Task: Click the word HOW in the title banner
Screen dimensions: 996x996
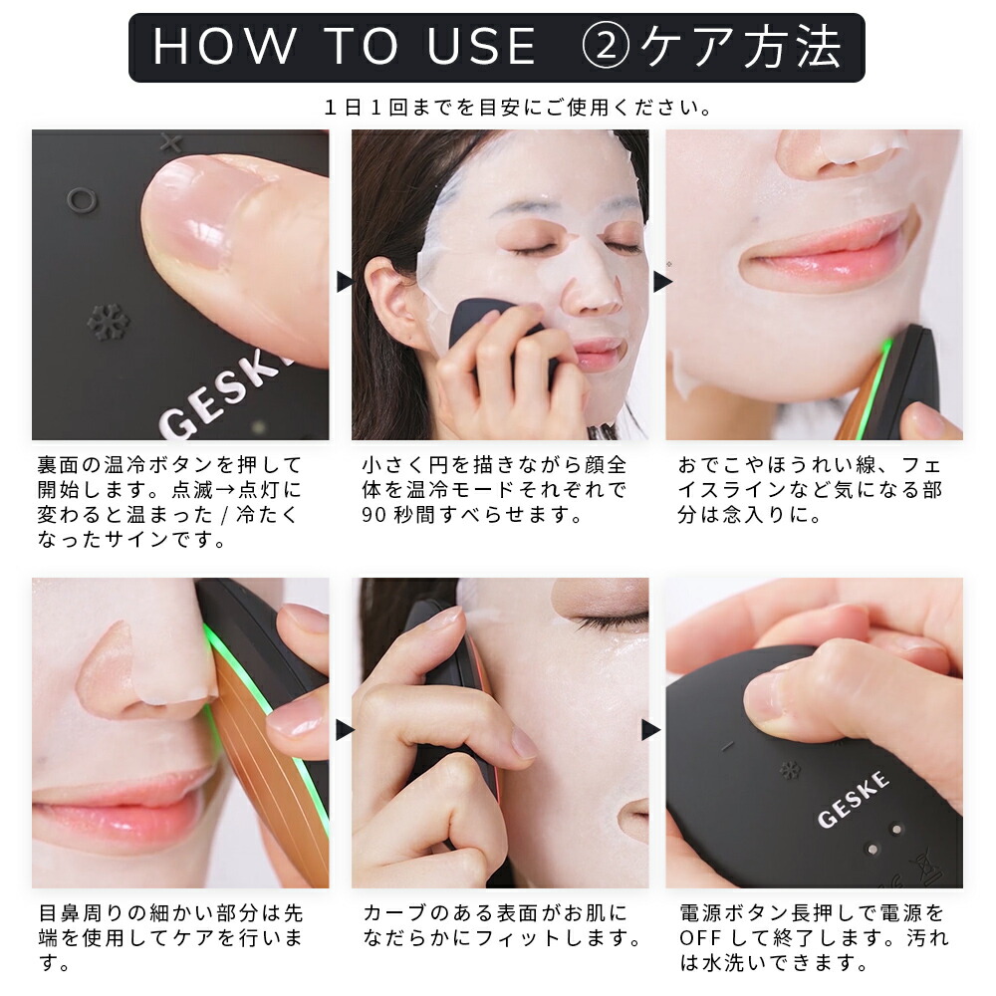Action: [x=225, y=47]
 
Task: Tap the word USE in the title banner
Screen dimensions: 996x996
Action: [x=481, y=47]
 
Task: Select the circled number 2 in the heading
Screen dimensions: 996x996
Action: [x=606, y=47]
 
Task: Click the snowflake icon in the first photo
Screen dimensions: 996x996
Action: [x=108, y=322]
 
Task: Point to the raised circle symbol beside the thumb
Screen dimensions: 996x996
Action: [x=82, y=200]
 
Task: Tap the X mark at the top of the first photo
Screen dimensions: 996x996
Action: [x=169, y=142]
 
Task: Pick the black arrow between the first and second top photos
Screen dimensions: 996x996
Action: [x=345, y=282]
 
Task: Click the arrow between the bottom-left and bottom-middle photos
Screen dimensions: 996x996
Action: [x=345, y=730]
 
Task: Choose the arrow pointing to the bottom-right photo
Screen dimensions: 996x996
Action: [x=651, y=730]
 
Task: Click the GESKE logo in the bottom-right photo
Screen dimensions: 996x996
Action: [x=854, y=799]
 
